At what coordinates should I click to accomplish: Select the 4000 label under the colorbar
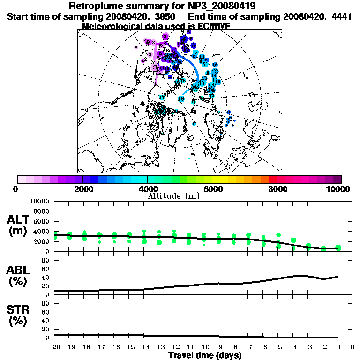(x=147, y=189)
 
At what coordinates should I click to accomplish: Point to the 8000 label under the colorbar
(x=277, y=189)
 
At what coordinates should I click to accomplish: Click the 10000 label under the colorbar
(x=339, y=189)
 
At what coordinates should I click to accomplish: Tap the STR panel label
(x=19, y=309)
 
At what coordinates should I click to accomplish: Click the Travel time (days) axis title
(x=205, y=355)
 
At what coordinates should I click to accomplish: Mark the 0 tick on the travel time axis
(x=352, y=347)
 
